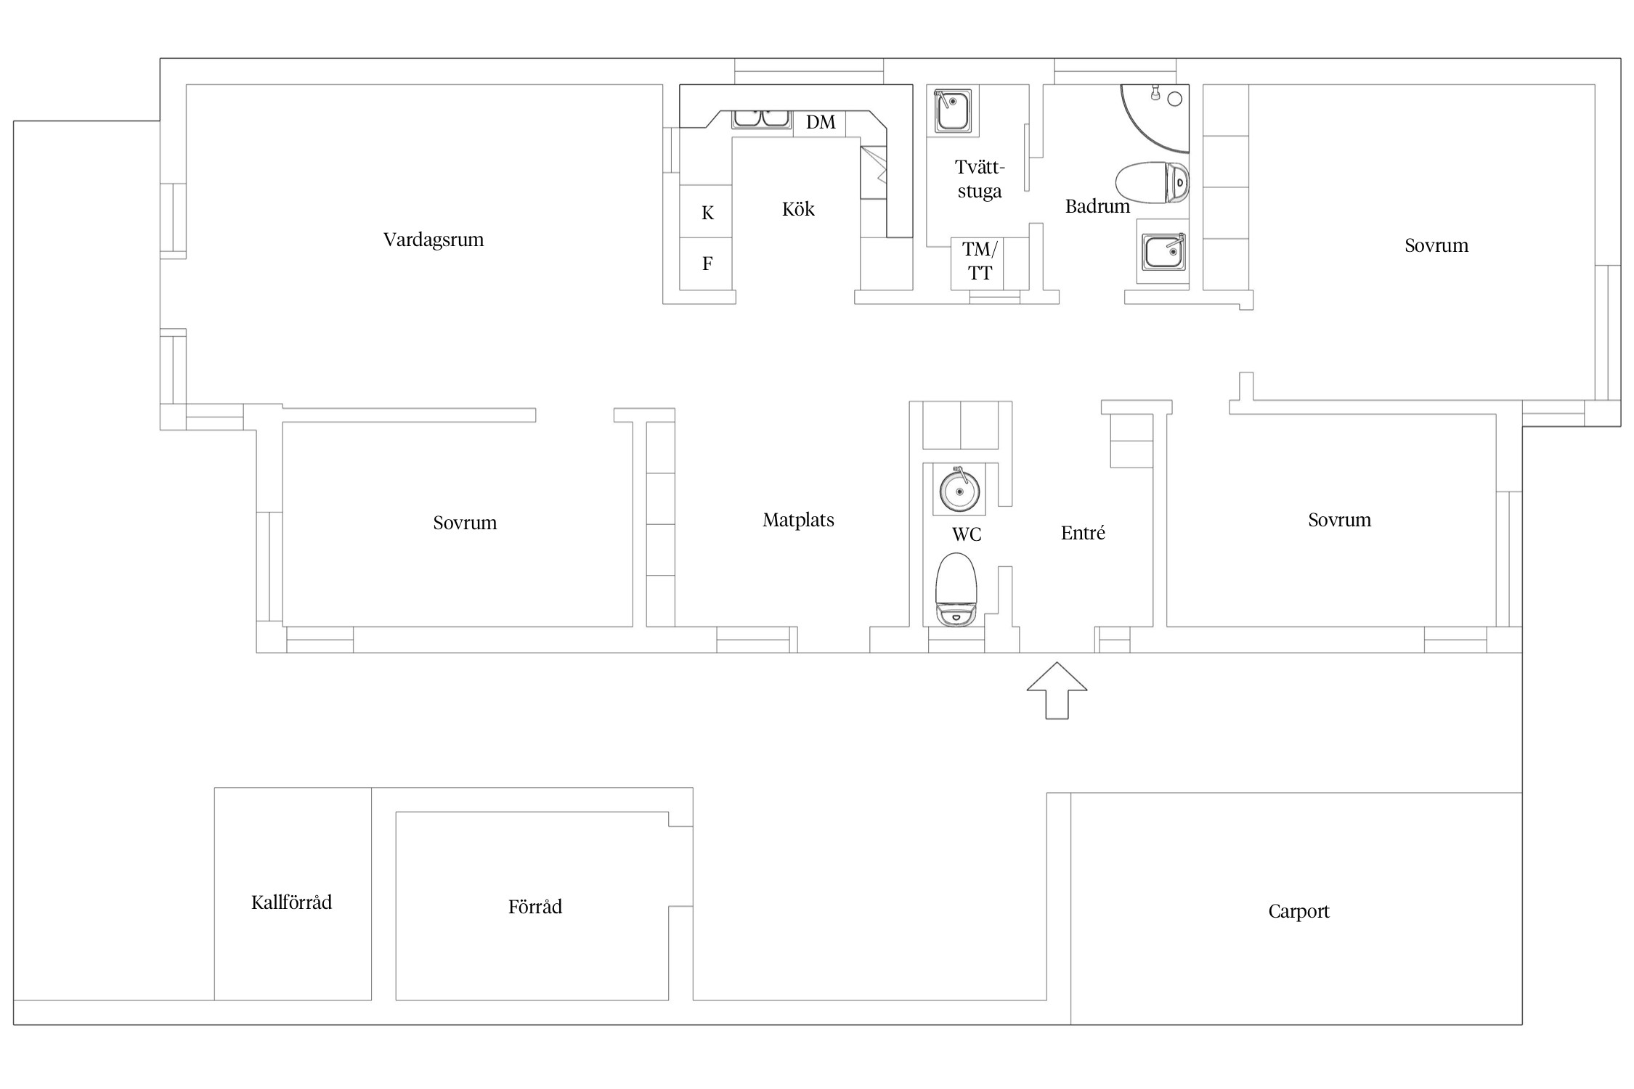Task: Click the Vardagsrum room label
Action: pos(434,240)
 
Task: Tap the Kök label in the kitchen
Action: pos(798,209)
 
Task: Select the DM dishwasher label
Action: pos(821,122)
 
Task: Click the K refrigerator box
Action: pos(706,212)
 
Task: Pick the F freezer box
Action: pos(706,264)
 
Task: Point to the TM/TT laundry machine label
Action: pos(980,261)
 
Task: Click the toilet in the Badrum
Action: pos(1153,182)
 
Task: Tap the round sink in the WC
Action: pos(959,490)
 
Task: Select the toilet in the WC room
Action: pos(956,590)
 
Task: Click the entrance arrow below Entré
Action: pos(1057,690)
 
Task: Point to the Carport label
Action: pos(1298,912)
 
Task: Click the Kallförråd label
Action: pos(291,902)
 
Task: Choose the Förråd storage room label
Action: pos(535,907)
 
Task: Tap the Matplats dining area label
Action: pos(798,521)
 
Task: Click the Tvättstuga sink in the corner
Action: pos(953,111)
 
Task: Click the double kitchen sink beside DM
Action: pos(761,119)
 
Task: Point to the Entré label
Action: pos(1083,534)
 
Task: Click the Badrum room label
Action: pos(1097,207)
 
